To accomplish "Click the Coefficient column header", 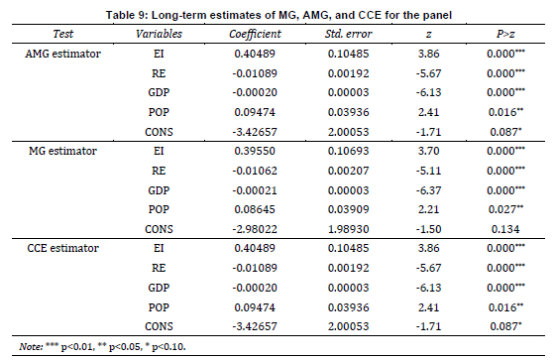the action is (x=255, y=34).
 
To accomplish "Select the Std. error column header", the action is (x=349, y=34).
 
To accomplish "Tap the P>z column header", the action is (x=505, y=34).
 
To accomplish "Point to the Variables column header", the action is (x=159, y=34).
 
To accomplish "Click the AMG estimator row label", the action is (x=63, y=54).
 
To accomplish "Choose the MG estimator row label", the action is (x=63, y=151).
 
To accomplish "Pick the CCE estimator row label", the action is (x=63, y=248).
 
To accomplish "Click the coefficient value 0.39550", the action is (x=255, y=151).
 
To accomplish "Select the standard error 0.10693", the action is (x=349, y=151).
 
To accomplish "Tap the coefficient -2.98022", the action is (x=255, y=229).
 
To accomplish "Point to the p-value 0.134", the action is (x=505, y=229).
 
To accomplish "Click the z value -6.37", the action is (x=429, y=190).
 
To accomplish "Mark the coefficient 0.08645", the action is (x=255, y=209).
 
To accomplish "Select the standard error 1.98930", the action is (x=349, y=229).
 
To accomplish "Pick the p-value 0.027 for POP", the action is (x=505, y=209).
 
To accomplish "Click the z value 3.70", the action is (x=429, y=151).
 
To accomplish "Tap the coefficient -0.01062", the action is (x=255, y=171).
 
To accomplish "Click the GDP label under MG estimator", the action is (x=159, y=190).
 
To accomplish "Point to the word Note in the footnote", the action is (x=31, y=346).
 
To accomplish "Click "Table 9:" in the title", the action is (x=127, y=15).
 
